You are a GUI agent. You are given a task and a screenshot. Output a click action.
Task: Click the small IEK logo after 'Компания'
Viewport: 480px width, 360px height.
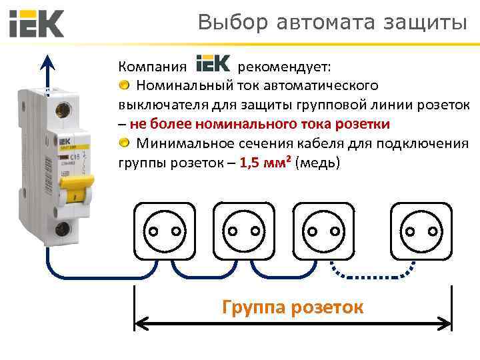(x=213, y=65)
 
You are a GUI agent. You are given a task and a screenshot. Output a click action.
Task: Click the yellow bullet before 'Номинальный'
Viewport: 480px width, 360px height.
(x=125, y=85)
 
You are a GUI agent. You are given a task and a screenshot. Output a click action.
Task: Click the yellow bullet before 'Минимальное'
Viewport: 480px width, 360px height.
(x=125, y=143)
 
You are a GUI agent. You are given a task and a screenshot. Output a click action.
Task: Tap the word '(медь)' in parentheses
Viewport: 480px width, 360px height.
(x=317, y=162)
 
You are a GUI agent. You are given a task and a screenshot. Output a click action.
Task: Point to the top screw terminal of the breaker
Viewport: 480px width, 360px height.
(x=66, y=109)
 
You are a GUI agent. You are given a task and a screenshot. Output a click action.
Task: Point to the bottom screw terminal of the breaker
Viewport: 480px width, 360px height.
(x=64, y=230)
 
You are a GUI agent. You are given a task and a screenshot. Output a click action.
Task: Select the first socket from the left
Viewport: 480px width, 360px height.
(x=165, y=231)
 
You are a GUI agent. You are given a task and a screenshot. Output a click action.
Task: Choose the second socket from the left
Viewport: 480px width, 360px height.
(x=244, y=231)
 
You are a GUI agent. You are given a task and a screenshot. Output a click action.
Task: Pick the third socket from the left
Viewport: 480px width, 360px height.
(x=323, y=231)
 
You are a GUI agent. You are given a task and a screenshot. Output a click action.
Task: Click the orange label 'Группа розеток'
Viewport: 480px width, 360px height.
(x=293, y=307)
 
